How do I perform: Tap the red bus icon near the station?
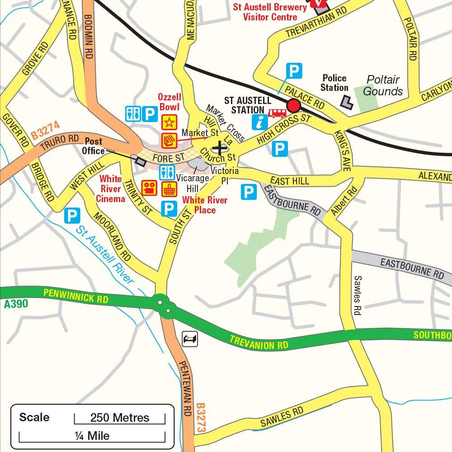[x=277, y=113]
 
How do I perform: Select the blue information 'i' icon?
[x=260, y=122]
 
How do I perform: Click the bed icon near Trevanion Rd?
[x=190, y=339]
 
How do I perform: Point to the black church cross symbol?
[x=220, y=147]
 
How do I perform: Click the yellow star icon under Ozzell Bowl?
[x=168, y=122]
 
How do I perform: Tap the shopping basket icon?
[x=169, y=188]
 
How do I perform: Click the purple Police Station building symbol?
[x=347, y=102]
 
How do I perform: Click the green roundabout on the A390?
[x=163, y=306]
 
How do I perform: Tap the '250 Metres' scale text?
[x=119, y=417]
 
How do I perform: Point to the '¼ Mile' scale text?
[x=92, y=436]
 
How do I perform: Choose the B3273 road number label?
[x=202, y=419]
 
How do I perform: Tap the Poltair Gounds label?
[x=383, y=85]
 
